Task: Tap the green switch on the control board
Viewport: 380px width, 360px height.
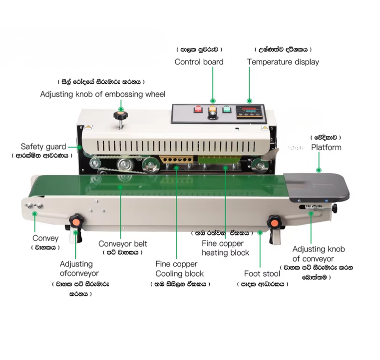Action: [226, 110]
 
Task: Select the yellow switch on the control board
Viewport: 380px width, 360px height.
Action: [212, 109]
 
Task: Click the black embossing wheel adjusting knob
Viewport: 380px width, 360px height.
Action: [120, 116]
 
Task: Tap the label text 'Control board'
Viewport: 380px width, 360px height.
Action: [199, 62]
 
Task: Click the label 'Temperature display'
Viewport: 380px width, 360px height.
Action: [283, 62]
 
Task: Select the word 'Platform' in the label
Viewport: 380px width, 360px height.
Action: [326, 147]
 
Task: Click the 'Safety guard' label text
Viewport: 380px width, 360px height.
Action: [43, 146]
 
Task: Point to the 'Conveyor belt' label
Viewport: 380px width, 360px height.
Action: [123, 243]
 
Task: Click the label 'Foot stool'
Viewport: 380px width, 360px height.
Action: [262, 273]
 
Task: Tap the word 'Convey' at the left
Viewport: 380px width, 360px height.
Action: [45, 238]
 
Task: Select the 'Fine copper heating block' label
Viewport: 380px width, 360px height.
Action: [223, 248]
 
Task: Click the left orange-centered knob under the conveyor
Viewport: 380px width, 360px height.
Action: [76, 220]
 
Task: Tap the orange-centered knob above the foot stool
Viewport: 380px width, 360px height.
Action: [274, 220]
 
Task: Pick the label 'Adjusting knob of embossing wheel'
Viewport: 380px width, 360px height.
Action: [102, 94]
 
